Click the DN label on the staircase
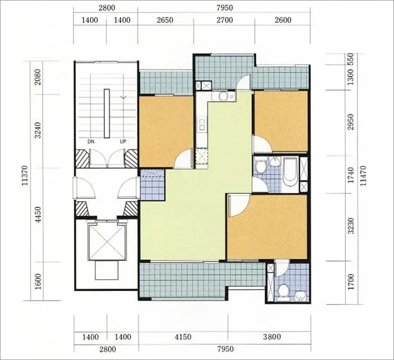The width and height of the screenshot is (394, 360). click(91, 141)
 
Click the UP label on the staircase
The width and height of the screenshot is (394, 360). click(123, 141)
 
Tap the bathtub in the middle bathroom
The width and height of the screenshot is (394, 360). click(290, 172)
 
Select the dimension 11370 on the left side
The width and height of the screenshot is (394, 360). click(25, 175)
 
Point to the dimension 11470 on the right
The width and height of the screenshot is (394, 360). click(363, 175)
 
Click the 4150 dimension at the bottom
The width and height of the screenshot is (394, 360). click(183, 337)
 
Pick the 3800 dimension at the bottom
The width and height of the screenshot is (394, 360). click(272, 337)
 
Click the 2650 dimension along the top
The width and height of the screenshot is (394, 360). click(165, 20)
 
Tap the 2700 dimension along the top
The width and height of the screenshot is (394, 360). click(225, 20)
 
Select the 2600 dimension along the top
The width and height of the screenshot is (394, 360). click(283, 20)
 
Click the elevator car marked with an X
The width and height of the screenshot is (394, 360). click(107, 243)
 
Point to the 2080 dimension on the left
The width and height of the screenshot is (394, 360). click(38, 77)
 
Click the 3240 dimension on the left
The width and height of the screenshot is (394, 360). click(38, 130)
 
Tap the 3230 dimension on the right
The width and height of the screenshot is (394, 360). click(351, 226)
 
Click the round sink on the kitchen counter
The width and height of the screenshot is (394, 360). click(223, 96)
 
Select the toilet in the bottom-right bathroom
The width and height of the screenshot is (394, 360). click(283, 290)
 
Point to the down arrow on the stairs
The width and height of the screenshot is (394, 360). click(123, 97)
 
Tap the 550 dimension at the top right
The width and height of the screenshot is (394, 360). click(351, 59)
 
